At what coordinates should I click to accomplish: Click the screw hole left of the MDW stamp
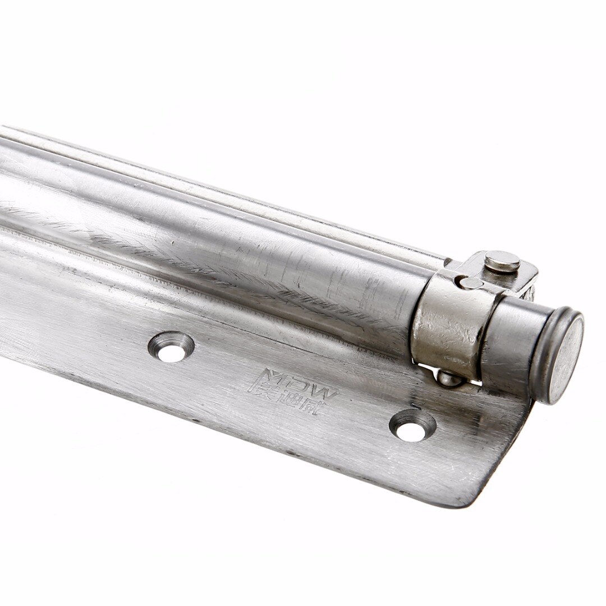click(x=171, y=347)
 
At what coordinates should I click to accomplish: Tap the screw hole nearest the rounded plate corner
click(x=412, y=425)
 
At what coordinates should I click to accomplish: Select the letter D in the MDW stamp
click(x=304, y=385)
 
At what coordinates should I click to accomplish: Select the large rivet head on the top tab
click(x=502, y=261)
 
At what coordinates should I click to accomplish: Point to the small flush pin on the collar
click(x=469, y=283)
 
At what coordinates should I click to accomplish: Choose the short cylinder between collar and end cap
click(x=508, y=342)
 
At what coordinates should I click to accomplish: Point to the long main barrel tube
click(x=224, y=236)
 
